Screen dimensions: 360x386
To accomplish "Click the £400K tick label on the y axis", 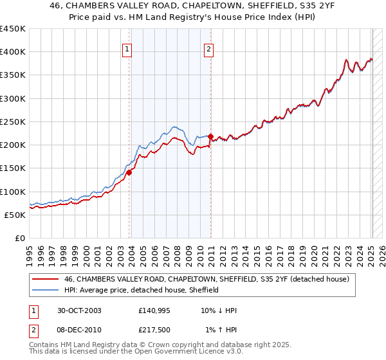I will coord(13,52).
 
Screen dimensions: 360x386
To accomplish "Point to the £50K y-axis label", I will coord(15,215).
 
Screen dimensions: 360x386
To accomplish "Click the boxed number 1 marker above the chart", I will coord(127,48).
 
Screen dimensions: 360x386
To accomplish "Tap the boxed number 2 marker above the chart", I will coord(209,48).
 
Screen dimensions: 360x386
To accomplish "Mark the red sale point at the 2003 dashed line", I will coord(129,172).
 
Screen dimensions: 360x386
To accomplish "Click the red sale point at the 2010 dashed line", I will coord(210,136).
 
